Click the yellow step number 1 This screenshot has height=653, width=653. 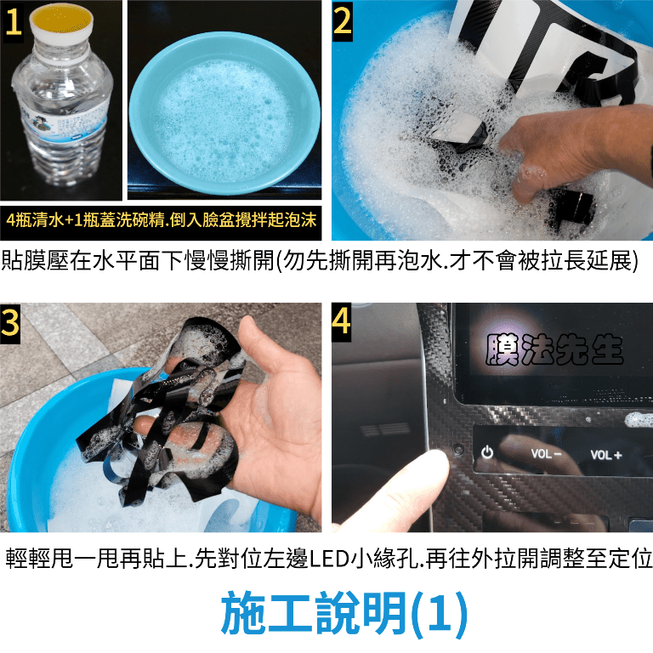(14, 21)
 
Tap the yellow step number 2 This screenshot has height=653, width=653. (343, 20)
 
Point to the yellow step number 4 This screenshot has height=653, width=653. (342, 321)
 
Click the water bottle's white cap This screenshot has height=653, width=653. (61, 20)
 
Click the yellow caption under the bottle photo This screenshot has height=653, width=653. (162, 220)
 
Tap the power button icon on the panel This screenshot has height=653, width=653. (487, 452)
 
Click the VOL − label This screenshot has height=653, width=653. (546, 453)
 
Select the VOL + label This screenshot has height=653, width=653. (606, 455)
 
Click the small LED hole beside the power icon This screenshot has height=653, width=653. (459, 449)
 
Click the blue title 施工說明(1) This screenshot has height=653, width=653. (344, 613)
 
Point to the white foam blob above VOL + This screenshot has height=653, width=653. (639, 419)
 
